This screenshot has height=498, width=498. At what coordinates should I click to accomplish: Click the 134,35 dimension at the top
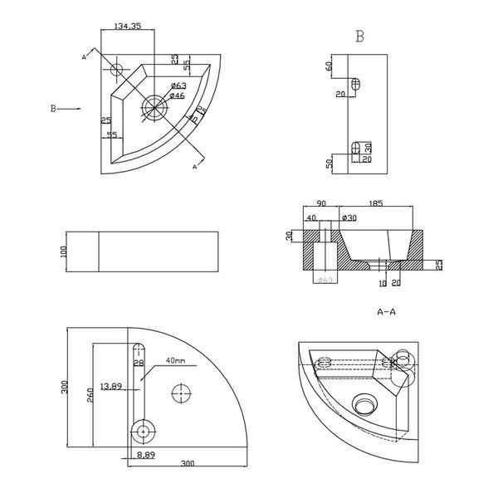pyautogui.click(x=125, y=27)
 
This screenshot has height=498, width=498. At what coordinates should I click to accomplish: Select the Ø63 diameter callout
pyautogui.click(x=178, y=86)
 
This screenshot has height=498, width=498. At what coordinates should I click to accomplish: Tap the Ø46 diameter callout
pyautogui.click(x=177, y=97)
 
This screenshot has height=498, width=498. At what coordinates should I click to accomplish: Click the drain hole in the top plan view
pyautogui.click(x=154, y=105)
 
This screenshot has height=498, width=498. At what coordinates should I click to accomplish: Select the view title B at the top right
pyautogui.click(x=359, y=37)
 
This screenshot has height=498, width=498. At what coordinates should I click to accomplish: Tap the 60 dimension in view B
pyautogui.click(x=330, y=65)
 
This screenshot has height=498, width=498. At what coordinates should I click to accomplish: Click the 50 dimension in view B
pyautogui.click(x=330, y=164)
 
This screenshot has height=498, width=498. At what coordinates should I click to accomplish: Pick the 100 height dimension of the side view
pyautogui.click(x=63, y=251)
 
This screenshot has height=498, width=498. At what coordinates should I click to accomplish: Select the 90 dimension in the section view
pyautogui.click(x=320, y=203)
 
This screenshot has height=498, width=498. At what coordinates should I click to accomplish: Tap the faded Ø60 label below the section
pyautogui.click(x=325, y=280)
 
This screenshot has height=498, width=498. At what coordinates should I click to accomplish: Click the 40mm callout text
pyautogui.click(x=175, y=361)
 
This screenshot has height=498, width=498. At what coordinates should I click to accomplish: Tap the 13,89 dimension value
pyautogui.click(x=110, y=386)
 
